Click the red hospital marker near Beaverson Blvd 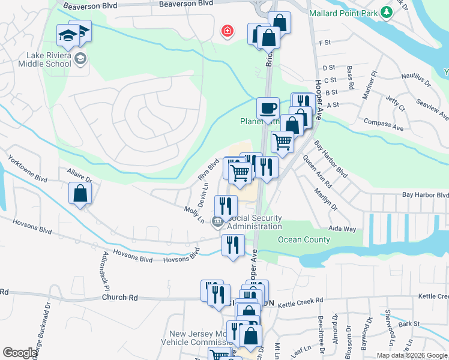(228, 31)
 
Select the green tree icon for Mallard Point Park (387, 12)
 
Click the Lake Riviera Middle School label (44, 63)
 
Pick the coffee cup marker (268, 109)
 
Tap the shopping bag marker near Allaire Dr (80, 194)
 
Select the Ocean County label (304, 239)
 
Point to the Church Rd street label (119, 297)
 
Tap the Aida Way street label (342, 229)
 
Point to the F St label (326, 43)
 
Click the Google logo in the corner (20, 353)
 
